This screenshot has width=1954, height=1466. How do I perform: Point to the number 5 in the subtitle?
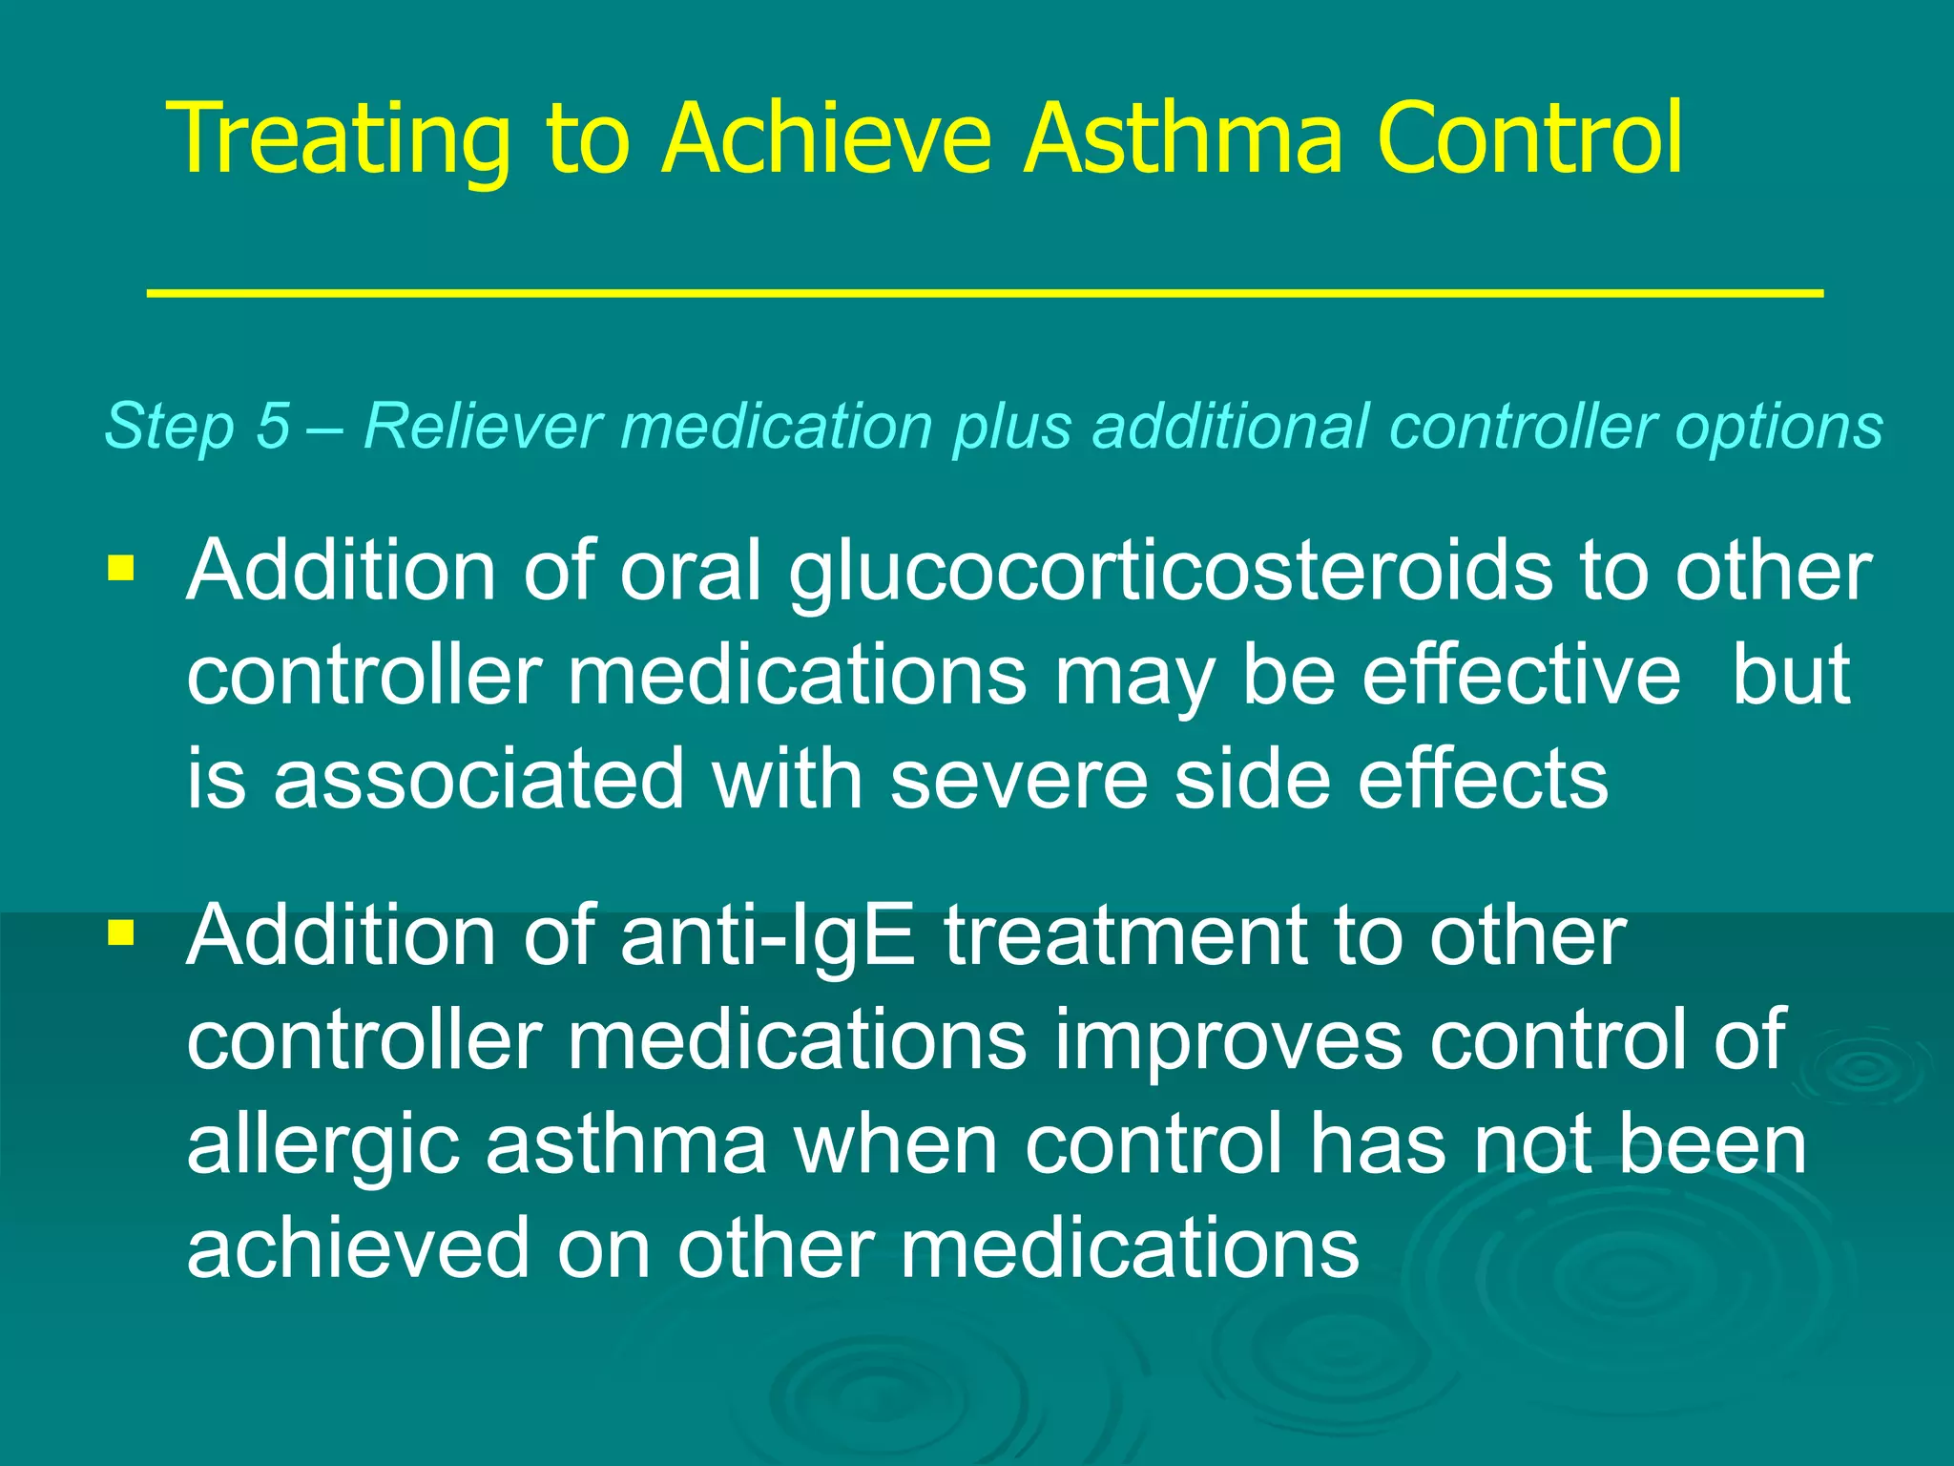click(x=272, y=425)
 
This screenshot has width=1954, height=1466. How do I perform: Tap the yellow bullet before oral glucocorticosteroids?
click(x=121, y=569)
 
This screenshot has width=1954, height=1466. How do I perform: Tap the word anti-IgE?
click(x=767, y=936)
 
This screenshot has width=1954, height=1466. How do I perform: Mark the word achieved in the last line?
click(x=358, y=1248)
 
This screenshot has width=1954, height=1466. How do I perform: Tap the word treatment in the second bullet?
click(x=1126, y=936)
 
